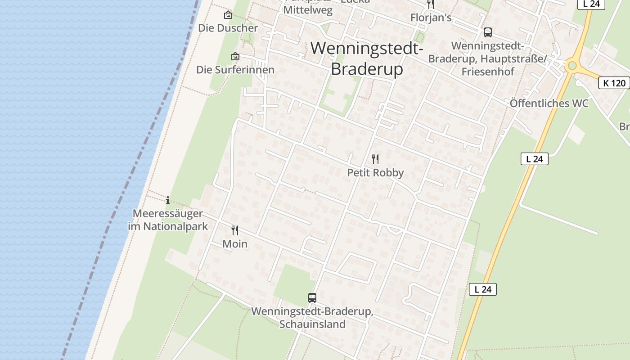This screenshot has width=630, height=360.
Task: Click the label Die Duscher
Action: (228, 28)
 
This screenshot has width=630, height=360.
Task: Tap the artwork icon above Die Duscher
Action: (228, 15)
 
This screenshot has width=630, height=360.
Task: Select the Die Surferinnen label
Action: (235, 70)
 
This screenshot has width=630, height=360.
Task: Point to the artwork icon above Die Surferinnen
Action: (235, 56)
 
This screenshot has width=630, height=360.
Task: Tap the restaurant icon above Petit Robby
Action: (375, 159)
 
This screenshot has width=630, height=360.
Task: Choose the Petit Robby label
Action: (375, 173)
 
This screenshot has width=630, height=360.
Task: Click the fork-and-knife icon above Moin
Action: (235, 230)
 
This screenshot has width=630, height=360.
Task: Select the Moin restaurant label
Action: (235, 244)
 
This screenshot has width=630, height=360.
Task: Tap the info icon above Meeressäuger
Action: (168, 200)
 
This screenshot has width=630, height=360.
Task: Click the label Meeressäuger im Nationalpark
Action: (168, 220)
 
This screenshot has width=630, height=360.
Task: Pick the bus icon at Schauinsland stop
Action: (312, 297)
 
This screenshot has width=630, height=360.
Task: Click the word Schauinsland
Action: (312, 324)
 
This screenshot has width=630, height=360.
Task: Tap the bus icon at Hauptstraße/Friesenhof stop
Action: (487, 32)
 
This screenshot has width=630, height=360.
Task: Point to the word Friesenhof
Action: (487, 72)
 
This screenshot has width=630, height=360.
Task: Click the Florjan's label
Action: (431, 18)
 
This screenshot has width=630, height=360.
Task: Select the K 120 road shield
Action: (614, 83)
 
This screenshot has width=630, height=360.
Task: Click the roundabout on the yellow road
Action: (572, 66)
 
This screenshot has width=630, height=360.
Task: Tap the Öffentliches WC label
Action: (549, 103)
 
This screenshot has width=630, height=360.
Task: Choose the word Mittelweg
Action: (308, 10)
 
